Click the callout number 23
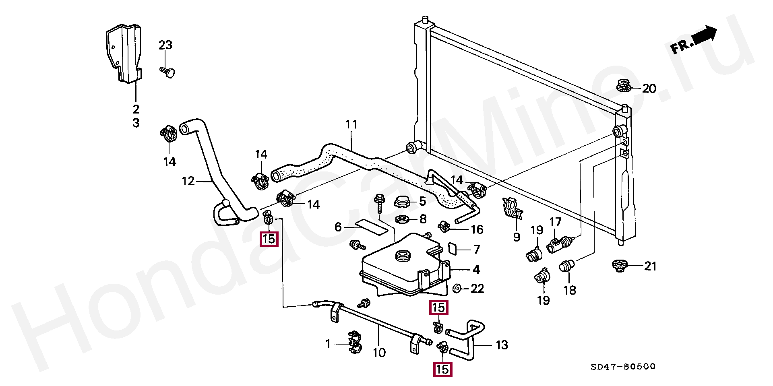(x=165, y=45)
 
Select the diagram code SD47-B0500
(x=623, y=367)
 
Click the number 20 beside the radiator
(x=649, y=88)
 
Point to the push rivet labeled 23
(x=168, y=72)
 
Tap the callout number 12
(x=188, y=181)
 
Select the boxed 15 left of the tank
(x=269, y=239)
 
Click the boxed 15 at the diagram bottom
(x=442, y=369)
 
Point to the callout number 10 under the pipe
(x=379, y=353)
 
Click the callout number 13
(x=502, y=345)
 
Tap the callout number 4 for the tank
(x=476, y=269)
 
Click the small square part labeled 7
(x=453, y=249)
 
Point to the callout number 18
(x=570, y=290)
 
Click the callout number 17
(x=555, y=222)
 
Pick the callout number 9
(x=517, y=237)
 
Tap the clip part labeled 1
(x=354, y=344)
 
